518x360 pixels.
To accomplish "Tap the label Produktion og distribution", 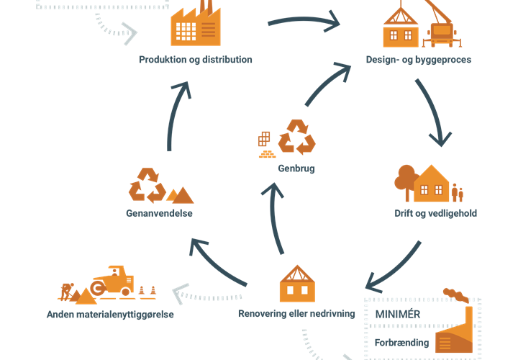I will tap(196, 60).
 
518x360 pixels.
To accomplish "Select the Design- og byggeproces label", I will tap(418, 60).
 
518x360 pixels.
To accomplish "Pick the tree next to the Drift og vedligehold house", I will tap(406, 183).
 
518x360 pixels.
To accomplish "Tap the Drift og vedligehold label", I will tap(435, 214).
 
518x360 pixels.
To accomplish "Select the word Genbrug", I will tap(296, 168).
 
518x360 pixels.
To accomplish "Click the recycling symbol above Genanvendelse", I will tap(147, 185).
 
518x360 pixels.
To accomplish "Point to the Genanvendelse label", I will tap(160, 214).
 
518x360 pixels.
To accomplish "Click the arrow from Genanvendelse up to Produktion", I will tap(176, 115).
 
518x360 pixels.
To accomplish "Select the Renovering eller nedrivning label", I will tap(296, 315).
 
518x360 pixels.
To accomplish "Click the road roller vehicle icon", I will tap(114, 281).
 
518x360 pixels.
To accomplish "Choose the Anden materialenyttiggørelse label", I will tap(110, 315).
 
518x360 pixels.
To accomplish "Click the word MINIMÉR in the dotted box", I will tap(398, 315).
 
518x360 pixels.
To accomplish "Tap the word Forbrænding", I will tap(401, 343).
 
